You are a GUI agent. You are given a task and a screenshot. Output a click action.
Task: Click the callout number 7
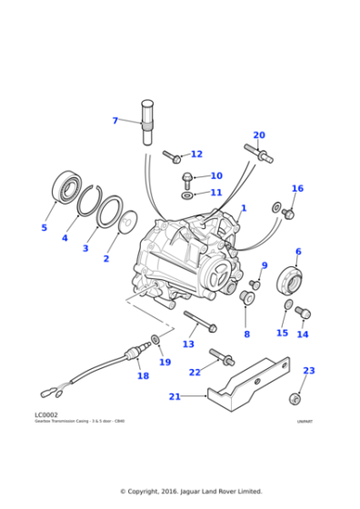click(x=115, y=120)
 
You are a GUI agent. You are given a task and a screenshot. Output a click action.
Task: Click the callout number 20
click(x=258, y=135)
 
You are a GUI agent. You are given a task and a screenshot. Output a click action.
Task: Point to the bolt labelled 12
click(x=172, y=156)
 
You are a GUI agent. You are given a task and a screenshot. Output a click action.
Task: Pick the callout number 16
click(x=296, y=189)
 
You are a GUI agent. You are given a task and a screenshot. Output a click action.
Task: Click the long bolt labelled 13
click(x=199, y=322)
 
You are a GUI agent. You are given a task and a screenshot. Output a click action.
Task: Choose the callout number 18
click(x=143, y=375)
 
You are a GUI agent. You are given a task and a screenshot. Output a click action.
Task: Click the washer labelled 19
click(x=156, y=339)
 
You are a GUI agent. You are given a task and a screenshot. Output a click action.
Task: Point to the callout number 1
click(x=243, y=208)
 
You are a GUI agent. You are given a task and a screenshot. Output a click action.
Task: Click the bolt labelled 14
click(x=304, y=313)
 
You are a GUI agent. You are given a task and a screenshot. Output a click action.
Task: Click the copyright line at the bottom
click(x=180, y=492)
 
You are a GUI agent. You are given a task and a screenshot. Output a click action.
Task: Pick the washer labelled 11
click(x=187, y=194)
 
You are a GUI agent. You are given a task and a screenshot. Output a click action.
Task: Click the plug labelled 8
click(x=246, y=297)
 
